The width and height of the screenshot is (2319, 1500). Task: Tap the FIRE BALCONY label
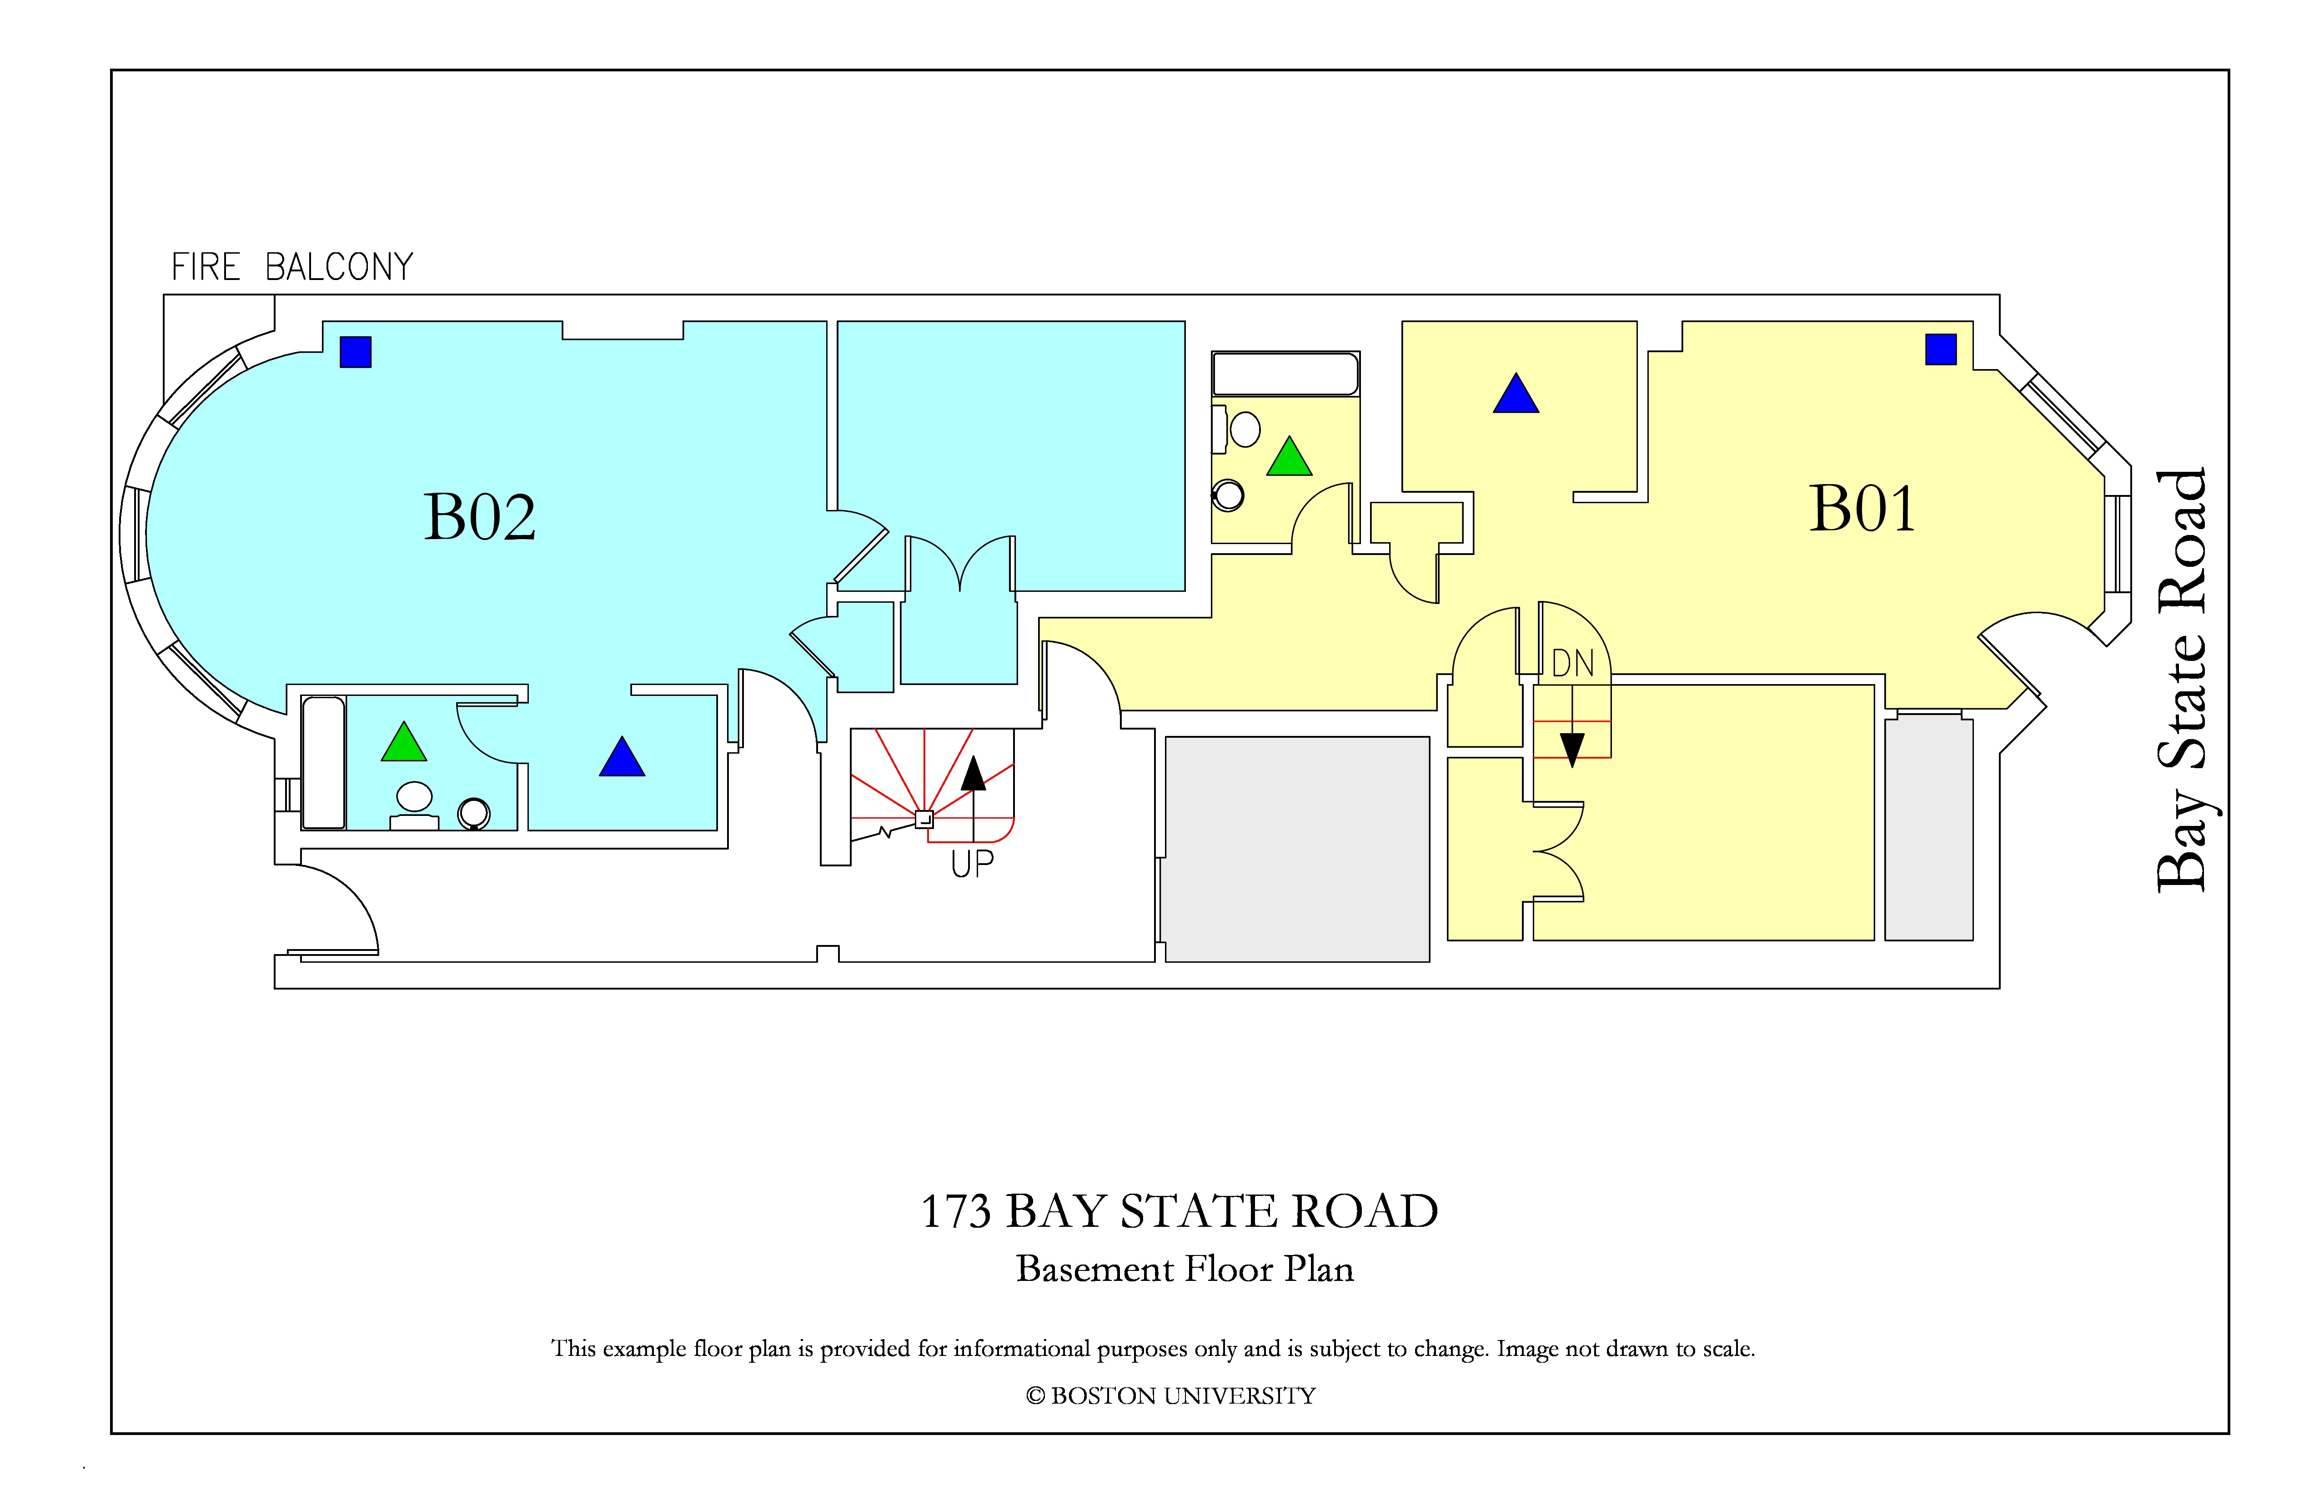pyautogui.click(x=292, y=267)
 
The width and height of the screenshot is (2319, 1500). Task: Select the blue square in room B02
pyautogui.click(x=356, y=352)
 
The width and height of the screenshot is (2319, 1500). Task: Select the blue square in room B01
pyautogui.click(x=1941, y=349)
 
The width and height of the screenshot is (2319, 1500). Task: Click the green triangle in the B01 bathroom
pyautogui.click(x=1289, y=457)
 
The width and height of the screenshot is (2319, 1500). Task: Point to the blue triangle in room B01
pyautogui.click(x=1516, y=394)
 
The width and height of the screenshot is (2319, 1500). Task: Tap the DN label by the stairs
pyautogui.click(x=1573, y=664)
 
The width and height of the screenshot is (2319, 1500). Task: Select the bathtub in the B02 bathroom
pyautogui.click(x=323, y=763)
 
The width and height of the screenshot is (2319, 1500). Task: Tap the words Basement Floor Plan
pyautogui.click(x=1185, y=1269)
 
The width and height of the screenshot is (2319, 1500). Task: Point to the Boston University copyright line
pyautogui.click(x=1171, y=1396)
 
